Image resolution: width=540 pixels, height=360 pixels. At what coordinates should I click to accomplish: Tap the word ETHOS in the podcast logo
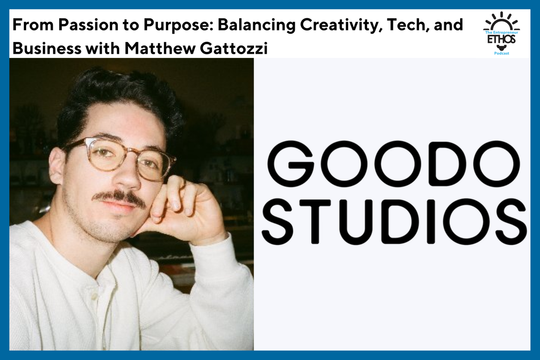(501, 40)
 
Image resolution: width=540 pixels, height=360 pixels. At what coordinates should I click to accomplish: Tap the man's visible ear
(57, 166)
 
